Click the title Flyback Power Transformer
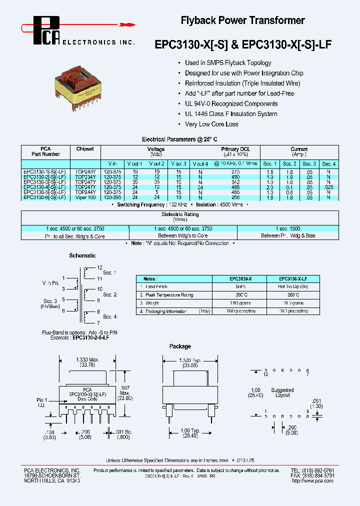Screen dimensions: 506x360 (242, 20)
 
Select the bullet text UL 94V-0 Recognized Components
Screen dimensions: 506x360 (231, 103)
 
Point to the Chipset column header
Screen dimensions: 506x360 (85, 149)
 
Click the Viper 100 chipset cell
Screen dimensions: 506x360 (85, 197)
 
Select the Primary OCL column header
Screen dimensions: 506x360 (235, 149)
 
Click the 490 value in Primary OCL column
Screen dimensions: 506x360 (235, 176)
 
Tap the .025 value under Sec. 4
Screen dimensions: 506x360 (328, 187)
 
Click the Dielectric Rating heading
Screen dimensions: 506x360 (179, 214)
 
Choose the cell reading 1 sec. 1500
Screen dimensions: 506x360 (288, 228)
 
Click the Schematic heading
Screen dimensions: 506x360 (82, 255)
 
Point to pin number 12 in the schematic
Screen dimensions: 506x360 (99, 268)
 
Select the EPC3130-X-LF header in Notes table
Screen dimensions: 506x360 (292, 278)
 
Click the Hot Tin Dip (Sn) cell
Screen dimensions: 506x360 (292, 286)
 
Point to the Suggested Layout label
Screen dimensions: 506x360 (282, 392)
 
